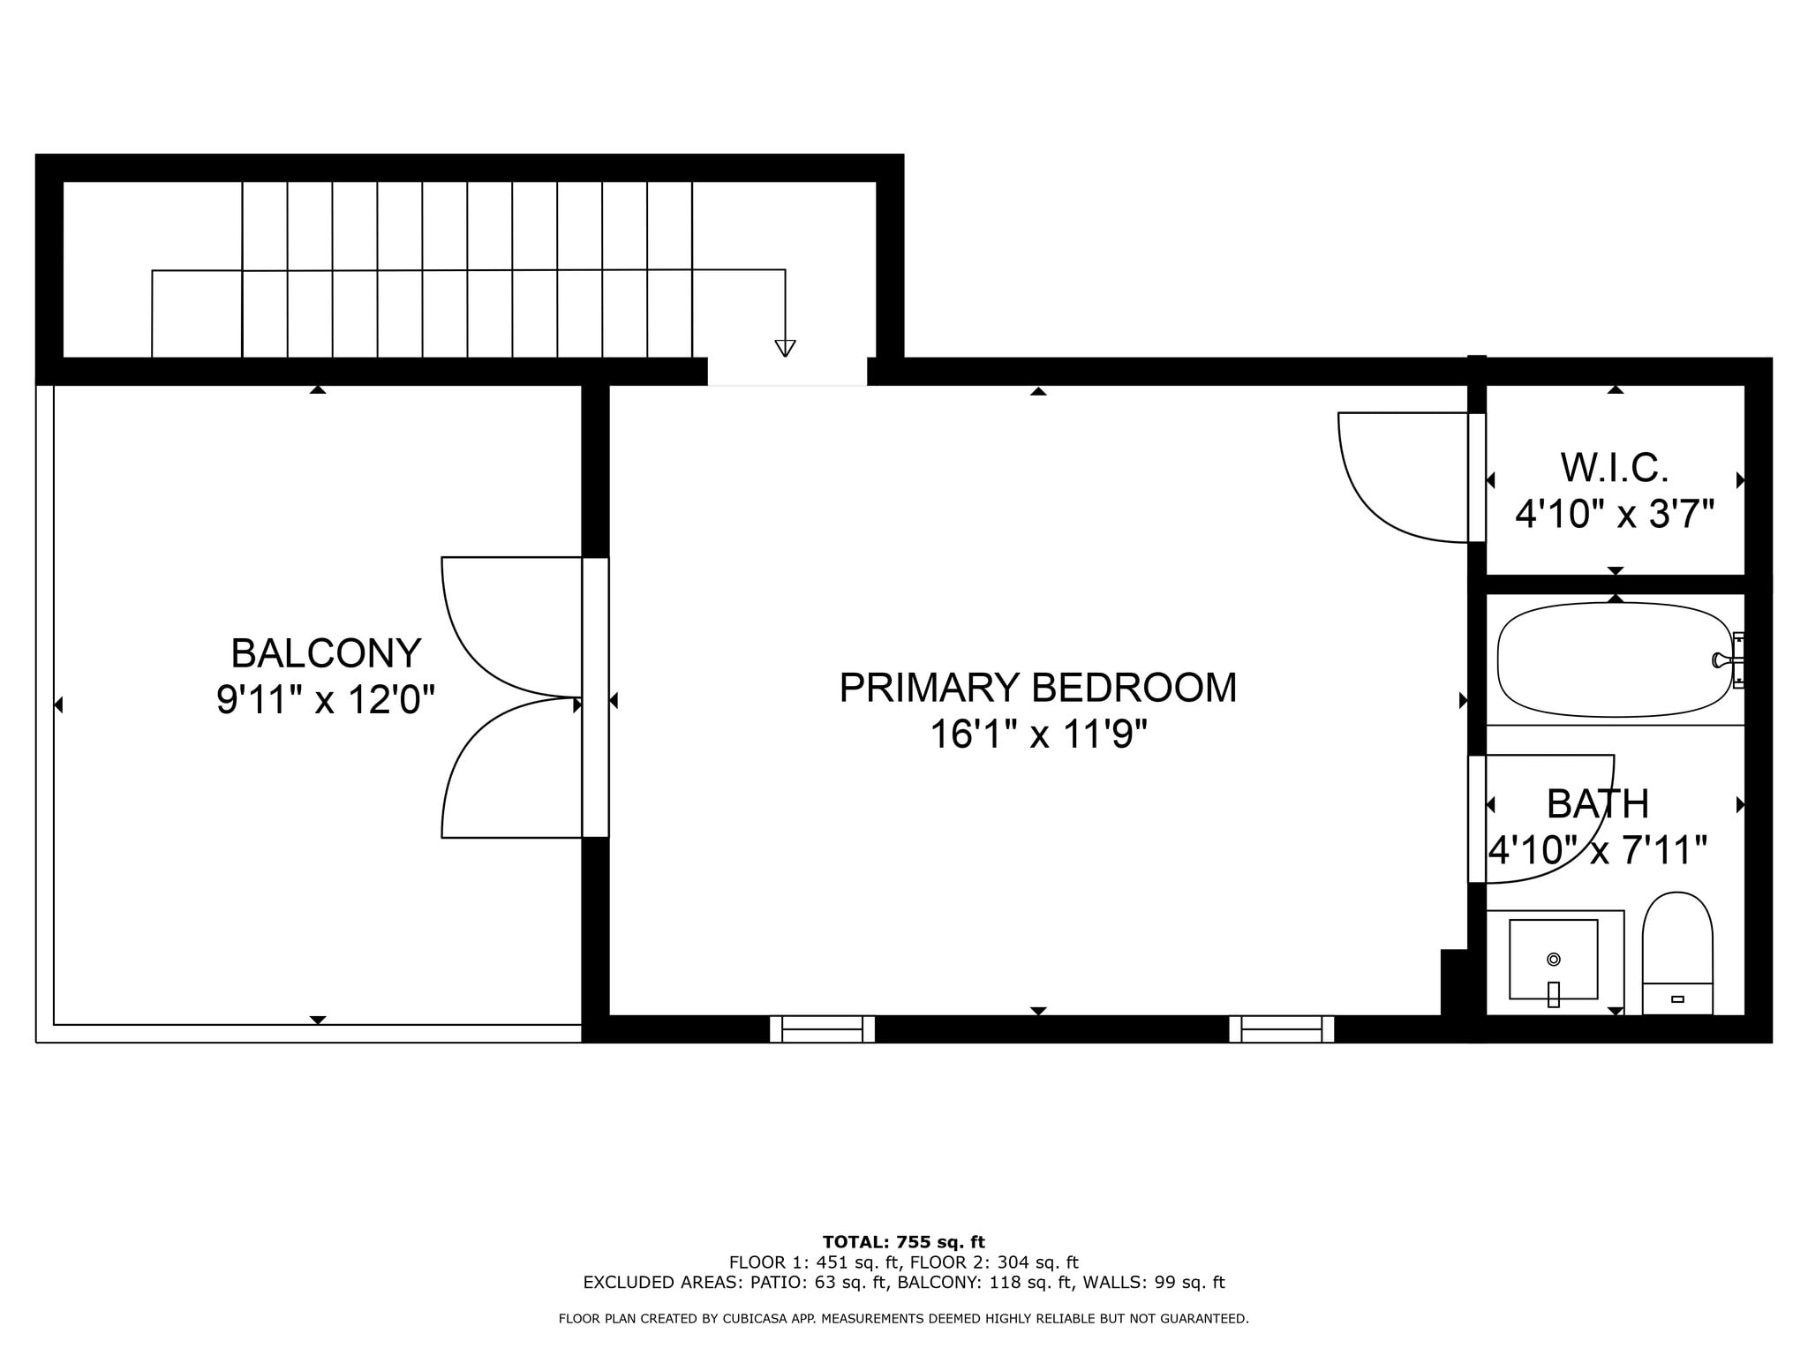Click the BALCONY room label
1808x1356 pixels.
coord(326,654)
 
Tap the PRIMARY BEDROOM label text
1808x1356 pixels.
coord(1037,688)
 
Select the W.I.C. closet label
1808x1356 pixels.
coord(1615,468)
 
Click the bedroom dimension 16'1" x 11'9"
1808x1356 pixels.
coord(1038,734)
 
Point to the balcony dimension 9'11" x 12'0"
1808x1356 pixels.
coord(326,701)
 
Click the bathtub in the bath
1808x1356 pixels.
coord(1614,659)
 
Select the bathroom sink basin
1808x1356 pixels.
coord(1553,960)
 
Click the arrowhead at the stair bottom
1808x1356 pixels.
coord(785,348)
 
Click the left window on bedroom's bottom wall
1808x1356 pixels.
coord(822,1029)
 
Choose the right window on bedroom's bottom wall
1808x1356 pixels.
coord(1281,1029)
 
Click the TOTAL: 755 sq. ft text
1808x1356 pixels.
coord(903,1242)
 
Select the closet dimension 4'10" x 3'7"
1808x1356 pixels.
coord(1615,514)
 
